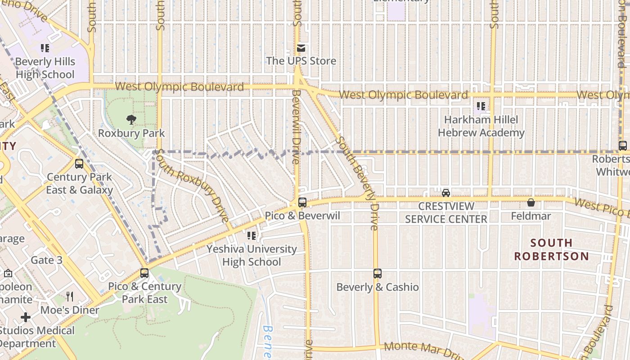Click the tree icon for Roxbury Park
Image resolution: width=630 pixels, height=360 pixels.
click(x=131, y=120)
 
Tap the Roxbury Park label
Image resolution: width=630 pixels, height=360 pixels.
click(x=131, y=133)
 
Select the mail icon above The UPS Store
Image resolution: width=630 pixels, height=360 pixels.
click(x=301, y=48)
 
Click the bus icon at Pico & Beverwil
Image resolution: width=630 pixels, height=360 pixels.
click(x=302, y=202)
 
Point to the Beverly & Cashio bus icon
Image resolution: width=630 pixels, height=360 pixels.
click(x=378, y=274)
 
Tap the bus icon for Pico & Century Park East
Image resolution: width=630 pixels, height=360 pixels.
click(x=144, y=273)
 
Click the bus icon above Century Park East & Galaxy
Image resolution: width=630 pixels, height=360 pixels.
click(x=79, y=164)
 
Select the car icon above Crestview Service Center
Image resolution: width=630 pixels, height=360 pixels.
click(x=446, y=193)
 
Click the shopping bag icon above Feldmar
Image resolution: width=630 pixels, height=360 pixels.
click(x=531, y=203)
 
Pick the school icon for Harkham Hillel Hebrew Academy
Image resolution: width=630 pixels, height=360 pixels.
click(x=481, y=107)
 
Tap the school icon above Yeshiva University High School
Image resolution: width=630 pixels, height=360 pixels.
click(x=252, y=235)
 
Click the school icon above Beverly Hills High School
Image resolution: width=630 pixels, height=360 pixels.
click(x=45, y=48)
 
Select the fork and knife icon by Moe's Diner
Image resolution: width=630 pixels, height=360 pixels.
click(x=70, y=297)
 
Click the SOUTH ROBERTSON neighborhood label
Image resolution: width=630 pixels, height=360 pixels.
click(x=551, y=249)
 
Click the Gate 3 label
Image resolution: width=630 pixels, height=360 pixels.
click(x=46, y=260)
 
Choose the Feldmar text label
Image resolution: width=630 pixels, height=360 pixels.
click(x=531, y=216)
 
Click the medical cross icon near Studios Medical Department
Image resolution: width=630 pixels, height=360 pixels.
click(x=26, y=317)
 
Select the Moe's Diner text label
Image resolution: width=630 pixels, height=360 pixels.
click(x=70, y=310)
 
